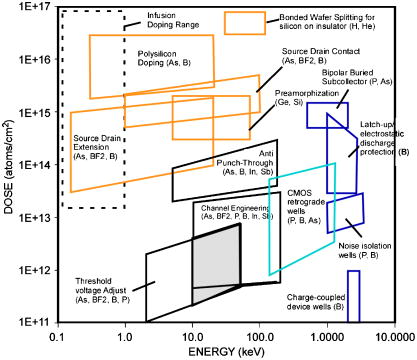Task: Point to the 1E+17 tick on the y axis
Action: (32, 7)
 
